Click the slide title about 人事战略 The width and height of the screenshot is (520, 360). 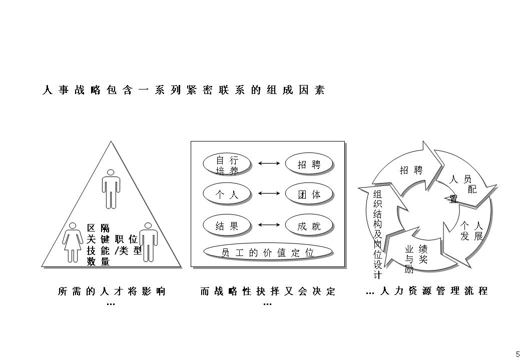tap(184, 90)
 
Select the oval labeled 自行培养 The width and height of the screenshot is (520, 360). tap(227, 165)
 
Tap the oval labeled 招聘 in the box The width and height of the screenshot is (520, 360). tap(309, 164)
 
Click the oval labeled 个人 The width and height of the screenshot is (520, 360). tap(227, 195)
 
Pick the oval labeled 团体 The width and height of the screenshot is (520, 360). tap(309, 195)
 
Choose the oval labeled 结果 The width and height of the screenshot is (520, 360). tap(227, 225)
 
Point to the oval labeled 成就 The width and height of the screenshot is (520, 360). tap(309, 225)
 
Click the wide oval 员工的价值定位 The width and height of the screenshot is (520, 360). tap(268, 252)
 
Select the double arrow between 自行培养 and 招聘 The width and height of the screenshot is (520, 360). tap(268, 163)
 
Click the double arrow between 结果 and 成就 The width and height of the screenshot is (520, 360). tap(268, 224)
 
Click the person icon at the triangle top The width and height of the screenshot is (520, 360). tap(111, 188)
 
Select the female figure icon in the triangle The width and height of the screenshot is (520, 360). tap(73, 242)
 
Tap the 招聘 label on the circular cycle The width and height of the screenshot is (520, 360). tap(411, 170)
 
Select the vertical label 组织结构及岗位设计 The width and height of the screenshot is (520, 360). tap(378, 234)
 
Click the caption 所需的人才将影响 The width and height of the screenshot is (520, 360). tap(111, 291)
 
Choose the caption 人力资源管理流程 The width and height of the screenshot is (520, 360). tap(433, 291)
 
